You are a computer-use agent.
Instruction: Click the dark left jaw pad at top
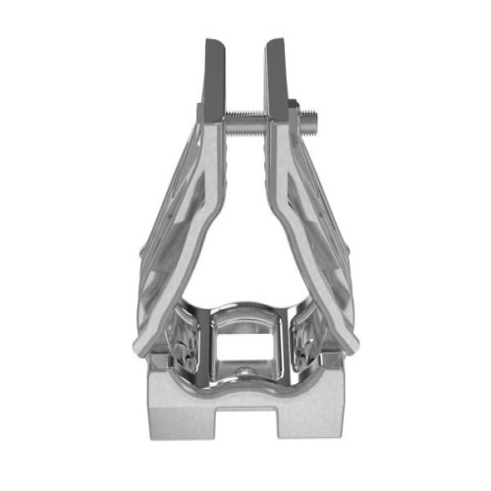[215, 74]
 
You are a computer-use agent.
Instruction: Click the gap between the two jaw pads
[245, 69]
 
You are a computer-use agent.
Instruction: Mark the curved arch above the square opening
[245, 316]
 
